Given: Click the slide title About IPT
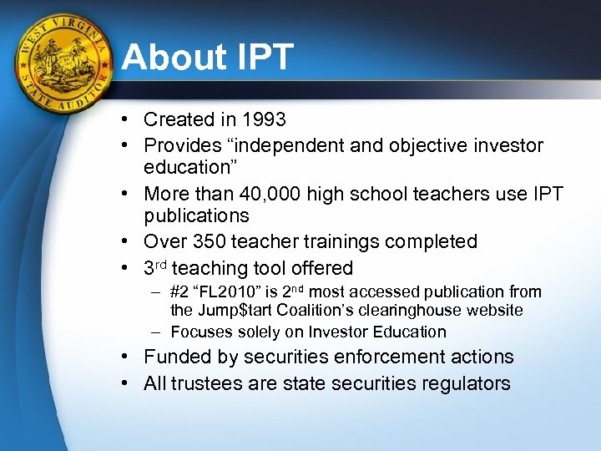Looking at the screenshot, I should pyautogui.click(x=207, y=58).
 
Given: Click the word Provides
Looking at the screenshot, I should pyautogui.click(x=181, y=146).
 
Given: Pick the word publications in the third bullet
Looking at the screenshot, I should pyautogui.click(x=196, y=215).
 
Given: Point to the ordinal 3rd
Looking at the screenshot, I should pyautogui.click(x=155, y=268).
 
